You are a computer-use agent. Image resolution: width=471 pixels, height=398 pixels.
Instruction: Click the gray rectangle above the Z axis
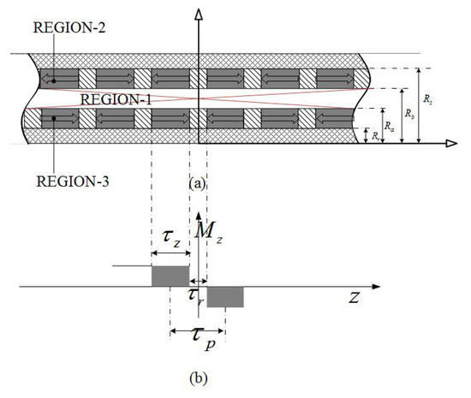pyautogui.click(x=170, y=276)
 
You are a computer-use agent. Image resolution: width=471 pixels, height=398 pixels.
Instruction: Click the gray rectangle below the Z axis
pyautogui.click(x=225, y=297)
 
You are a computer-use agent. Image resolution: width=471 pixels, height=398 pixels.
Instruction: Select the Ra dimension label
pyautogui.click(x=390, y=125)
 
